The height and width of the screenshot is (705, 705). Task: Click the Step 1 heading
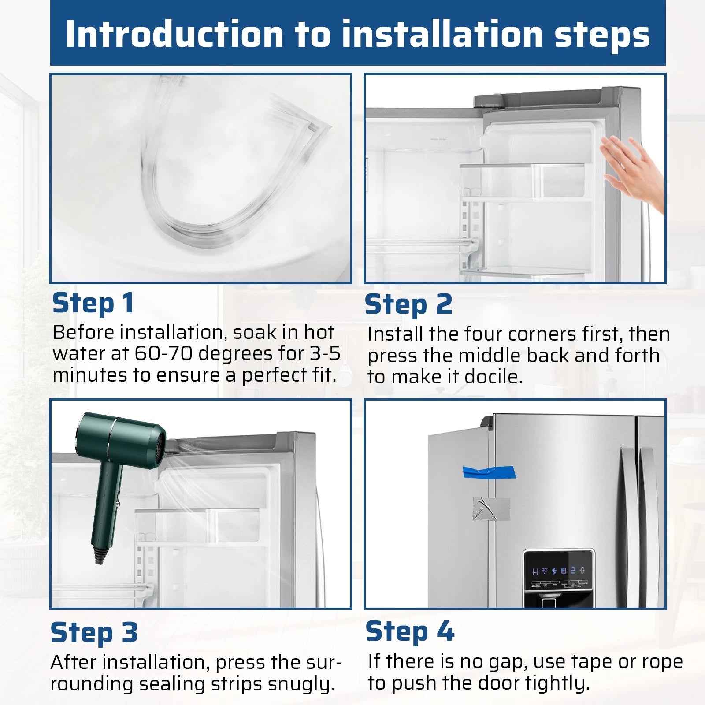[93, 304]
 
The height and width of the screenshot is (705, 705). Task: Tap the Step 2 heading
[409, 304]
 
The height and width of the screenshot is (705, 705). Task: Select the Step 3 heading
[94, 633]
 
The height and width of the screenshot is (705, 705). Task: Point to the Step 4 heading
[410, 631]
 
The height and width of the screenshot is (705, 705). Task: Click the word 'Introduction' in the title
[174, 34]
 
